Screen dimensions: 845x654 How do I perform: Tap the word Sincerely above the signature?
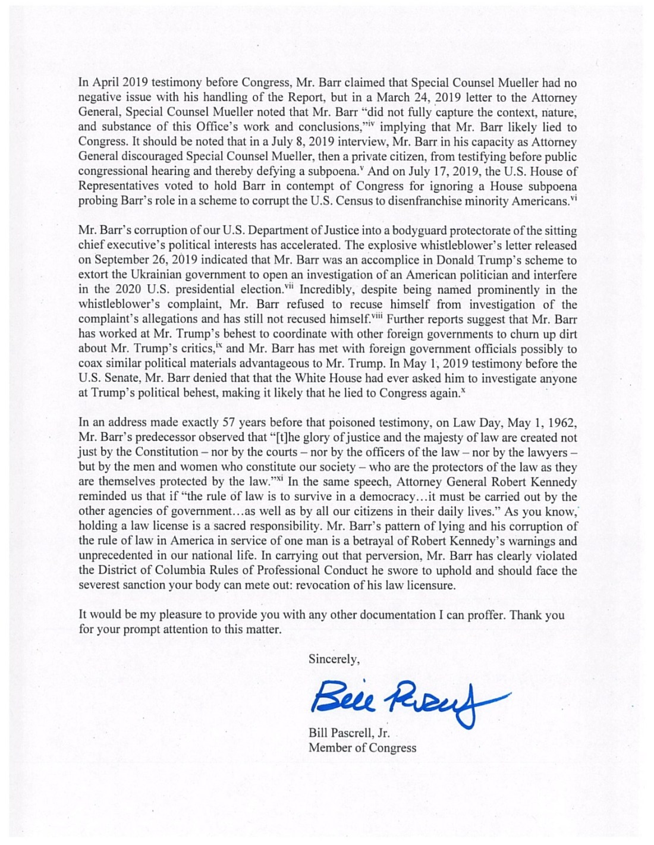pos(334,659)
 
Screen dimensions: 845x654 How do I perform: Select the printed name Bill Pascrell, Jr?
pos(349,733)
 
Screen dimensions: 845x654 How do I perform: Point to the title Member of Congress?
pos(362,747)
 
